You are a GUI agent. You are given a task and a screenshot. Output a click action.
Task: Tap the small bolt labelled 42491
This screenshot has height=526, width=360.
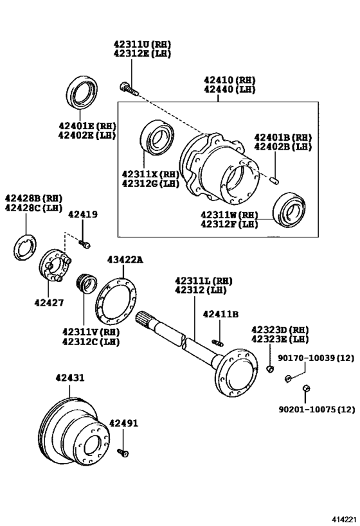pyautogui.click(x=124, y=453)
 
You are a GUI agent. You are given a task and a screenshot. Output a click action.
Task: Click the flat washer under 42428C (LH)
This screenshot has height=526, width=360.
pyautogui.click(x=25, y=247)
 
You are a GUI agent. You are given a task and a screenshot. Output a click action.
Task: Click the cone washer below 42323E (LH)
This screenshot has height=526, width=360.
pyautogui.click(x=271, y=369)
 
